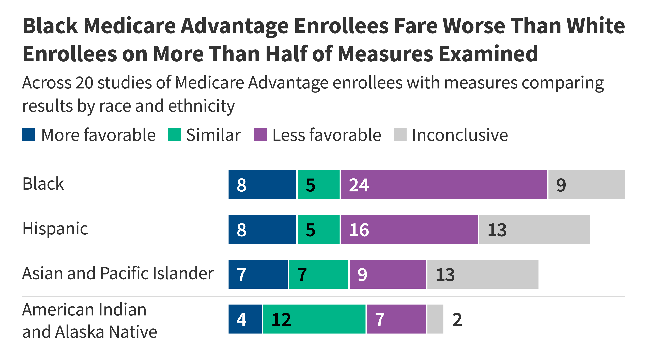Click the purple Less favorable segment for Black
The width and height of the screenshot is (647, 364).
click(x=444, y=185)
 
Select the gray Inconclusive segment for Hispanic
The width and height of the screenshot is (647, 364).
click(x=534, y=229)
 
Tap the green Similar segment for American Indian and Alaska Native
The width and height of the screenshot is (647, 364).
click(x=314, y=319)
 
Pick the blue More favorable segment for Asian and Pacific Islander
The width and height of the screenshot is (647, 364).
click(x=258, y=274)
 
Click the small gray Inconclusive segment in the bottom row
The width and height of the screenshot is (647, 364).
click(x=435, y=319)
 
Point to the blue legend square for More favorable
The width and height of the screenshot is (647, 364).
click(x=28, y=135)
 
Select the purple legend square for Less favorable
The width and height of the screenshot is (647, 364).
click(x=260, y=135)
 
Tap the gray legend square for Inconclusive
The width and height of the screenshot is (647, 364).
click(x=400, y=135)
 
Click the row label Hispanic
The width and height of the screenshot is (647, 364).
click(x=55, y=229)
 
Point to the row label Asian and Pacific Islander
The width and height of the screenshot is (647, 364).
click(x=118, y=274)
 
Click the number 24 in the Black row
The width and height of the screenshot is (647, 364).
click(x=359, y=185)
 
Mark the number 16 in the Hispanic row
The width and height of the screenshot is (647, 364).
click(x=359, y=230)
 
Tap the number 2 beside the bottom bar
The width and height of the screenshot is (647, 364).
click(x=457, y=320)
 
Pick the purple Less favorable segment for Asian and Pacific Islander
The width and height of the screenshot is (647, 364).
click(x=388, y=274)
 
